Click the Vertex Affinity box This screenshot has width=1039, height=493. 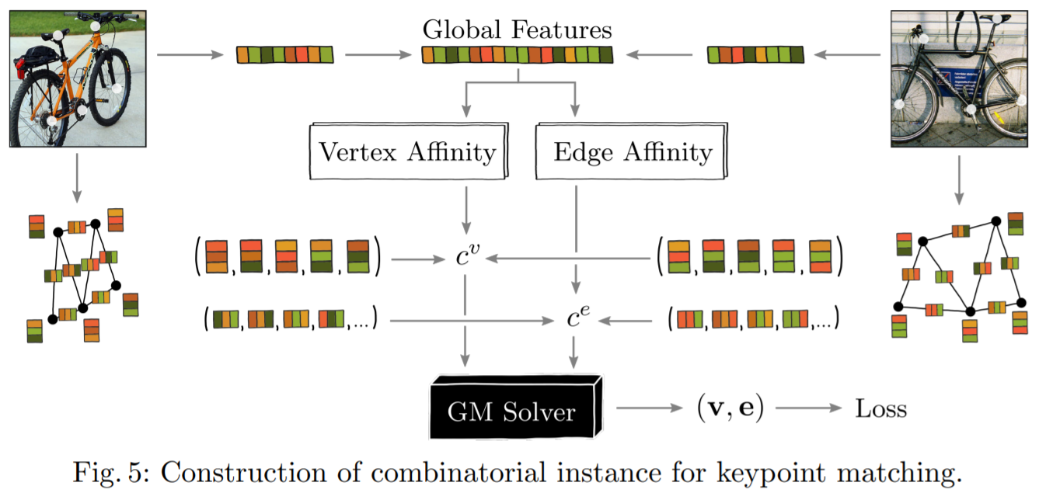tap(407, 152)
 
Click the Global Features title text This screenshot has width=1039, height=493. tap(517, 30)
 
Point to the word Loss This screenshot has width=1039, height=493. tap(880, 408)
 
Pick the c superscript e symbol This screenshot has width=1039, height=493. tap(577, 318)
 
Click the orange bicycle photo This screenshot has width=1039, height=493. tap(78, 79)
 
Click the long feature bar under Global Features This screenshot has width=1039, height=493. tap(517, 55)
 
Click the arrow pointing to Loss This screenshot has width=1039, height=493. tap(807, 408)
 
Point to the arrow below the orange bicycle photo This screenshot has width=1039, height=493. tap(78, 178)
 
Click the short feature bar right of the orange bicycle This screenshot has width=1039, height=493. tap(284, 55)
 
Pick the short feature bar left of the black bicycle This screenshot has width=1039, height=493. tap(755, 55)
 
